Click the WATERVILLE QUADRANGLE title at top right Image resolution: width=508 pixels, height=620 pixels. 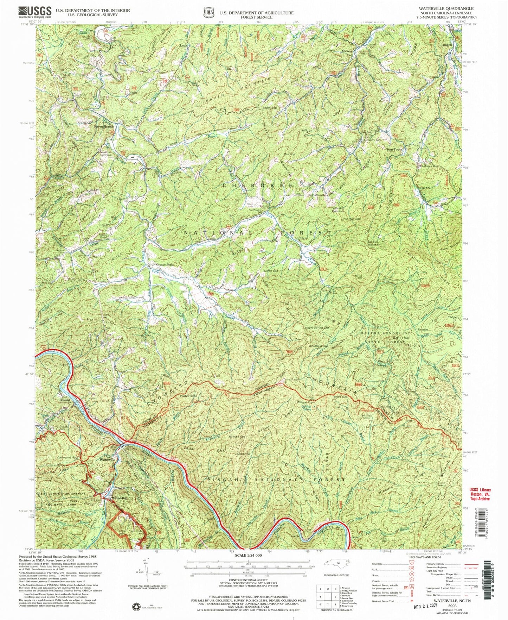pos(451,8)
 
